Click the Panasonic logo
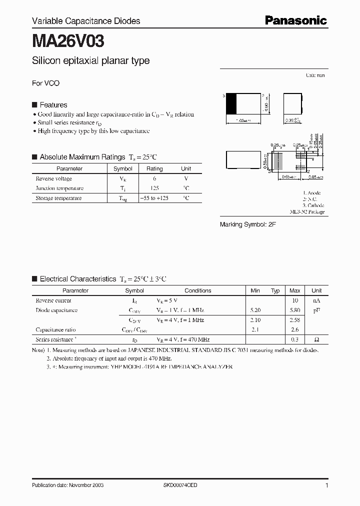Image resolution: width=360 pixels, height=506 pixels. coord(295,20)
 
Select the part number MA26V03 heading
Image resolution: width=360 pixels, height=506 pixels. coord(68,41)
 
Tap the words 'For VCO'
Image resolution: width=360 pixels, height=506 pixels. coord(45,83)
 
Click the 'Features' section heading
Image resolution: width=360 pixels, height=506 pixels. coord(53,105)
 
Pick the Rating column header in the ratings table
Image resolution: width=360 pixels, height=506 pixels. coord(154,169)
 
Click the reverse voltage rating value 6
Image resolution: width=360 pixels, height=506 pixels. coord(154,178)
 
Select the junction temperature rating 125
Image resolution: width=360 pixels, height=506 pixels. coord(154,188)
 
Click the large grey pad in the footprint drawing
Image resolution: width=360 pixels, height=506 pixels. coord(277,160)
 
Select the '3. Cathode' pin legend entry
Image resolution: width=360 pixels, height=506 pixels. coord(313,205)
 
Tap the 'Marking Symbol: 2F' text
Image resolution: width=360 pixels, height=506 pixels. coord(248,225)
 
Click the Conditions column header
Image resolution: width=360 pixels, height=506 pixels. coord(198,290)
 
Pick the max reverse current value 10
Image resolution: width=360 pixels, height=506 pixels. coord(294,300)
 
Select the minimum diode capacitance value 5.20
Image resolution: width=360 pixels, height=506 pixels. coord(255,310)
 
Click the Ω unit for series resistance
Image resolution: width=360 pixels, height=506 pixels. coord(316,339)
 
